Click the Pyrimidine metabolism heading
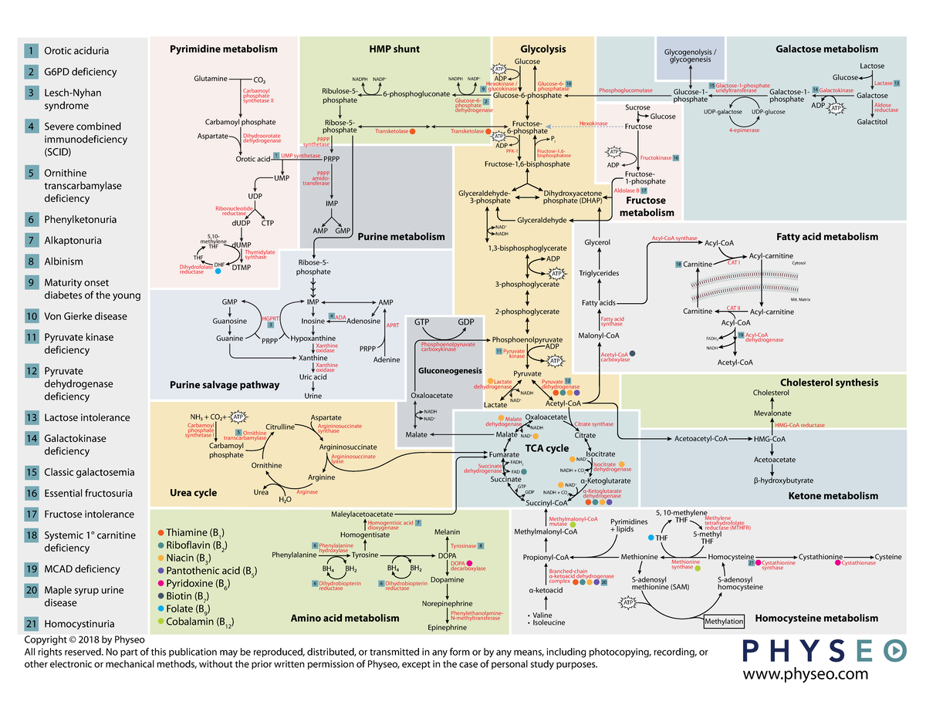[223, 49]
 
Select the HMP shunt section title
[394, 49]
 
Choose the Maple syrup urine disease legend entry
[83, 596]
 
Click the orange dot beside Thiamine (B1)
[160, 533]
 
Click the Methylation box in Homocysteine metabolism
[723, 622]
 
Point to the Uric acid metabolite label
[313, 377]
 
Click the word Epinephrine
[447, 628]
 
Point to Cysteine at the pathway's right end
[887, 556]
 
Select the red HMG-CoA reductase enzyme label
[799, 425]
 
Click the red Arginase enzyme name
[306, 491]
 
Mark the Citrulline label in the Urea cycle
[280, 427]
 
